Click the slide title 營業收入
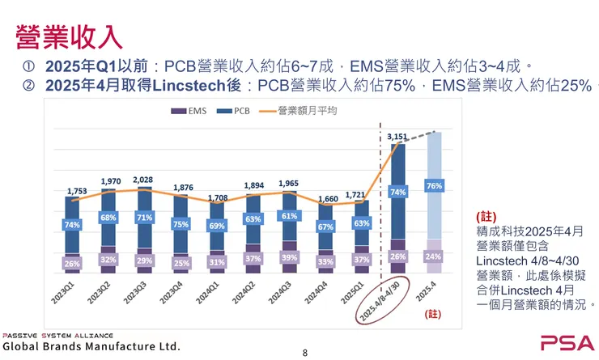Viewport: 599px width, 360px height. click(70, 36)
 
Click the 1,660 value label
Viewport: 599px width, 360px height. click(326, 198)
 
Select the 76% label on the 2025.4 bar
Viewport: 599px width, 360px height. click(433, 186)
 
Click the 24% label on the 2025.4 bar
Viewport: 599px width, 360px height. click(433, 256)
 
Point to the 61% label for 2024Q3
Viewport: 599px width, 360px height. click(290, 216)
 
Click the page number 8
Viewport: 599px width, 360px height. click(305, 353)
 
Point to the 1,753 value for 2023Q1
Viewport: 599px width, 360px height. click(77, 191)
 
